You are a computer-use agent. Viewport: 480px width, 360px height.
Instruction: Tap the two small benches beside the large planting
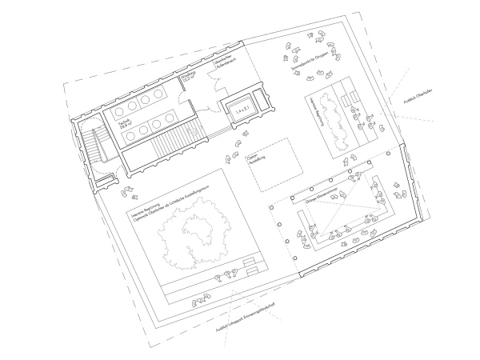250,265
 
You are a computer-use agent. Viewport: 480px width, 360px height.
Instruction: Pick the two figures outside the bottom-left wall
200,302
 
